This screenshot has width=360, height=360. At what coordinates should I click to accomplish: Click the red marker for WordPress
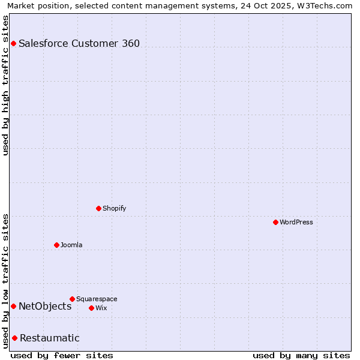(x=275, y=222)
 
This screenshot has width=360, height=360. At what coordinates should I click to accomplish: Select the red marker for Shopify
(x=99, y=208)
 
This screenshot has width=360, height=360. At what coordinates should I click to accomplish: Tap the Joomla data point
(x=57, y=245)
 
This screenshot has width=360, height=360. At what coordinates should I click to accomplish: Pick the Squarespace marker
(x=73, y=299)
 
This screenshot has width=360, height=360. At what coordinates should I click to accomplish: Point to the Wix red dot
(x=91, y=308)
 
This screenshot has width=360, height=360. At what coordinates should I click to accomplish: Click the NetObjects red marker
(x=13, y=306)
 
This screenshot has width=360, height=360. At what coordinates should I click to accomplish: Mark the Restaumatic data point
(x=14, y=338)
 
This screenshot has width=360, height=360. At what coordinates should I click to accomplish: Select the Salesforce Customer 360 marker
(x=13, y=43)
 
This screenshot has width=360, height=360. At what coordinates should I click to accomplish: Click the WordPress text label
(x=296, y=222)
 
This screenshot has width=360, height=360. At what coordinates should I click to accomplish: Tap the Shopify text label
(x=114, y=208)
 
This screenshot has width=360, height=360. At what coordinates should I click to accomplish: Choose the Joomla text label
(x=71, y=245)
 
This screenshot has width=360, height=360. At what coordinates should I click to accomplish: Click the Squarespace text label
(x=97, y=299)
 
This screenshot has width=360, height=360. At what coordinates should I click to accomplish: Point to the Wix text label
(x=101, y=308)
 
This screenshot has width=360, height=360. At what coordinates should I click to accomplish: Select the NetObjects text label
(x=45, y=306)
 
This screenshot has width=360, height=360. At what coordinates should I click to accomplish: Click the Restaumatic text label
(x=50, y=338)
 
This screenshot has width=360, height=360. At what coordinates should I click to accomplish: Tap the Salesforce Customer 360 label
(x=79, y=43)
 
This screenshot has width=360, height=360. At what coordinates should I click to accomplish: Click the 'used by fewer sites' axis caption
(x=62, y=355)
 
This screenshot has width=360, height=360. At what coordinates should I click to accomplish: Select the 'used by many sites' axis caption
(x=301, y=355)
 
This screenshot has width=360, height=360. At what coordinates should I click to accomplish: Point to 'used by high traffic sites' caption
(x=6, y=85)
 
